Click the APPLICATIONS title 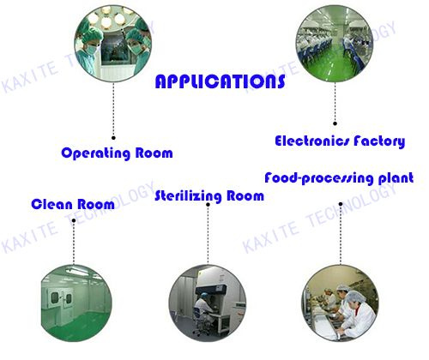(220, 81)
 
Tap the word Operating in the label (96, 153)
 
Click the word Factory (379, 141)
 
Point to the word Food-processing (319, 178)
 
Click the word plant (396, 178)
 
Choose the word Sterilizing (188, 196)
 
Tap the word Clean (52, 204)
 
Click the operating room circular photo (113, 44)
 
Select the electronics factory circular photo (335, 44)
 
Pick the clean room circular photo (75, 303)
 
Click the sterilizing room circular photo (208, 303)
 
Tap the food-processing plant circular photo (341, 303)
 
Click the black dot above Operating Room (113, 138)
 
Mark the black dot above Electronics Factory (335, 123)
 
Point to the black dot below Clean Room (74, 220)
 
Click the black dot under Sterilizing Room (208, 205)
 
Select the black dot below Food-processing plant (341, 204)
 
